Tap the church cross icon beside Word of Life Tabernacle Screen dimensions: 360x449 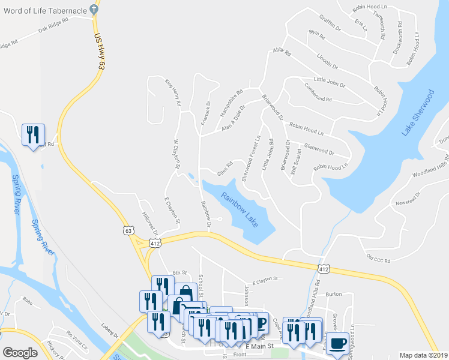coord(94,9)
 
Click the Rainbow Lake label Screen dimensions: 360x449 coord(240,209)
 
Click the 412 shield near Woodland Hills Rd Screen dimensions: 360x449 coord(324,269)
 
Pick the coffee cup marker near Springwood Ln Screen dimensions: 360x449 coord(339,343)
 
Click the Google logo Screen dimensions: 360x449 coord(20,353)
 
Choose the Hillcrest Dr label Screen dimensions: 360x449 coord(149,223)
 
